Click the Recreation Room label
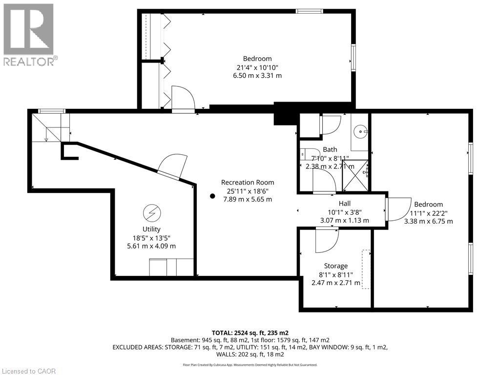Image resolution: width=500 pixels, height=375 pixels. (248, 183)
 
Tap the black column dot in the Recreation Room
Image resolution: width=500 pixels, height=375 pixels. (212, 196)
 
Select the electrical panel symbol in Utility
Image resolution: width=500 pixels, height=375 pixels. (152, 213)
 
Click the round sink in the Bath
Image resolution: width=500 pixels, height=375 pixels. (361, 131)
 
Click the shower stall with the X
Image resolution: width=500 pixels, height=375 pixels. (355, 176)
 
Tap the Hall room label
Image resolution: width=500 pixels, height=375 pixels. (344, 204)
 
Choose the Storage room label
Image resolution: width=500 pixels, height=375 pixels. (336, 266)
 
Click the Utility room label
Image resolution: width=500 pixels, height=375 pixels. (151, 229)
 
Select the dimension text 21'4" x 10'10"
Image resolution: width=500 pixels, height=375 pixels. (257, 67)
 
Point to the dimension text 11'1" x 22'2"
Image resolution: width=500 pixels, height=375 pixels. (429, 213)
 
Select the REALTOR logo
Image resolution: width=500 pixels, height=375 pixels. (30, 34)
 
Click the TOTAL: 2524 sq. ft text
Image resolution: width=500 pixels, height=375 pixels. (250, 333)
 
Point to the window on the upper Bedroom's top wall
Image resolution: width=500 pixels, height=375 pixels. (309, 12)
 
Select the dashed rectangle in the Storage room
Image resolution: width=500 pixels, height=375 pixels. (366, 269)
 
